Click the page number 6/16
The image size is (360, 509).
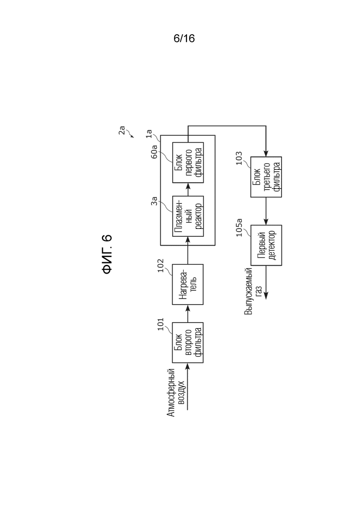point(184,38)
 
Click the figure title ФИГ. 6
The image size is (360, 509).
point(107,254)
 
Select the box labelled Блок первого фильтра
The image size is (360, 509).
point(188,162)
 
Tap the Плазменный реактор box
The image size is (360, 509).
point(188,216)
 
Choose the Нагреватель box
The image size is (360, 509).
point(188,284)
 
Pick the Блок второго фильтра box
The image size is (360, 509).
point(188,342)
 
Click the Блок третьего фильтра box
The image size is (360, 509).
point(266,177)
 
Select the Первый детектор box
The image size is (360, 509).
point(266,245)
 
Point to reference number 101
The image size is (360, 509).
point(161,324)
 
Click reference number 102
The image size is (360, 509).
point(161,265)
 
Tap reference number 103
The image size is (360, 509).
point(239,158)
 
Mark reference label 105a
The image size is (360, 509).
point(239,228)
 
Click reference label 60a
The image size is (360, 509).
point(154,152)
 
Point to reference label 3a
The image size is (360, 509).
point(154,201)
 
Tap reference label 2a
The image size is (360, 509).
point(122,130)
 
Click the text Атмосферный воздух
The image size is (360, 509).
point(176,392)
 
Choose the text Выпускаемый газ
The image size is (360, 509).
point(253,291)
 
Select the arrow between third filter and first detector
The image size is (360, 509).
point(266,211)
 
